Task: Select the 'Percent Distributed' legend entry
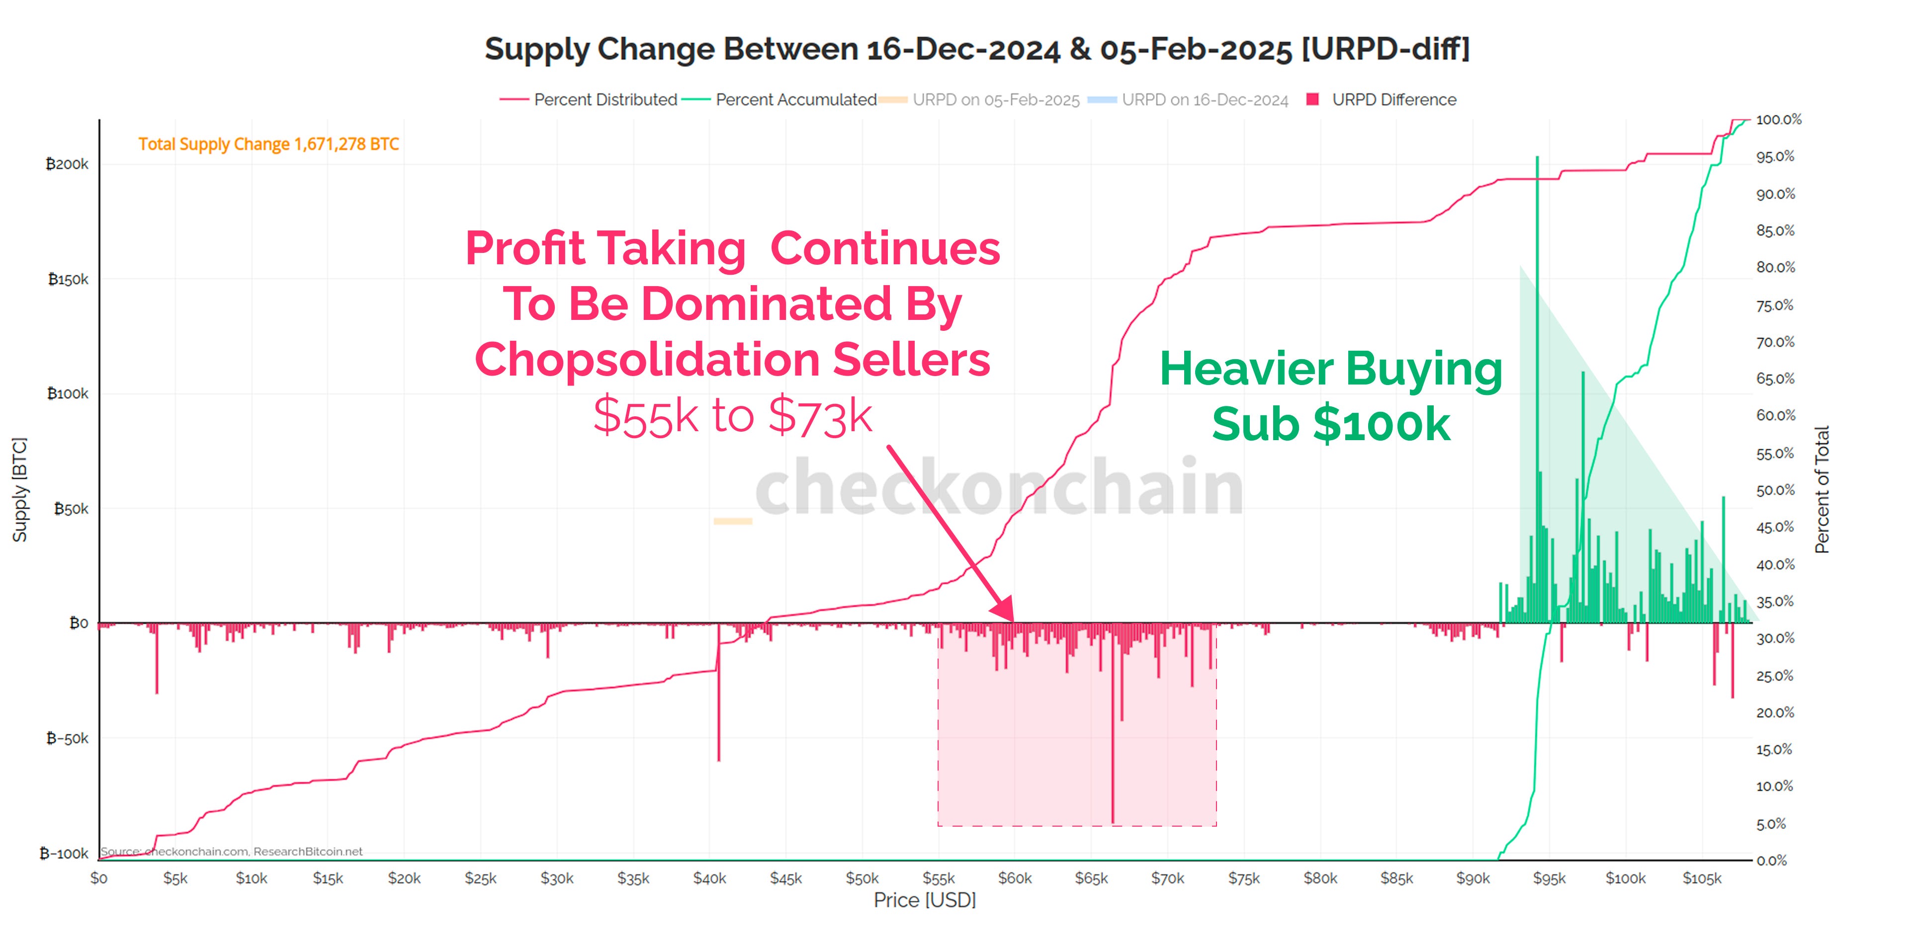(605, 100)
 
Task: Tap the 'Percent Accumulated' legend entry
(795, 100)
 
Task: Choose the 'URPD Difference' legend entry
(1393, 100)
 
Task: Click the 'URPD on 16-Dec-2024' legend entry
(1205, 100)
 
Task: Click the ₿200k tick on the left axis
(67, 163)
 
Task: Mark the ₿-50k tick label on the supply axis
(67, 738)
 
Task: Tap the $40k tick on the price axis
(709, 878)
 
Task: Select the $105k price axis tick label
(1701, 878)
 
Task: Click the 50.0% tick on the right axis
(1775, 490)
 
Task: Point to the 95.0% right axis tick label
(1775, 156)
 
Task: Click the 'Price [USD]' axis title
(924, 900)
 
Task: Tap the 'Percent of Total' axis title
(1822, 489)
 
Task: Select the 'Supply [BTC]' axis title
(20, 489)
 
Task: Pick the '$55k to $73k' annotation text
(733, 415)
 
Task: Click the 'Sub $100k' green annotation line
(1331, 424)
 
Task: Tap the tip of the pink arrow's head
(1012, 620)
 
